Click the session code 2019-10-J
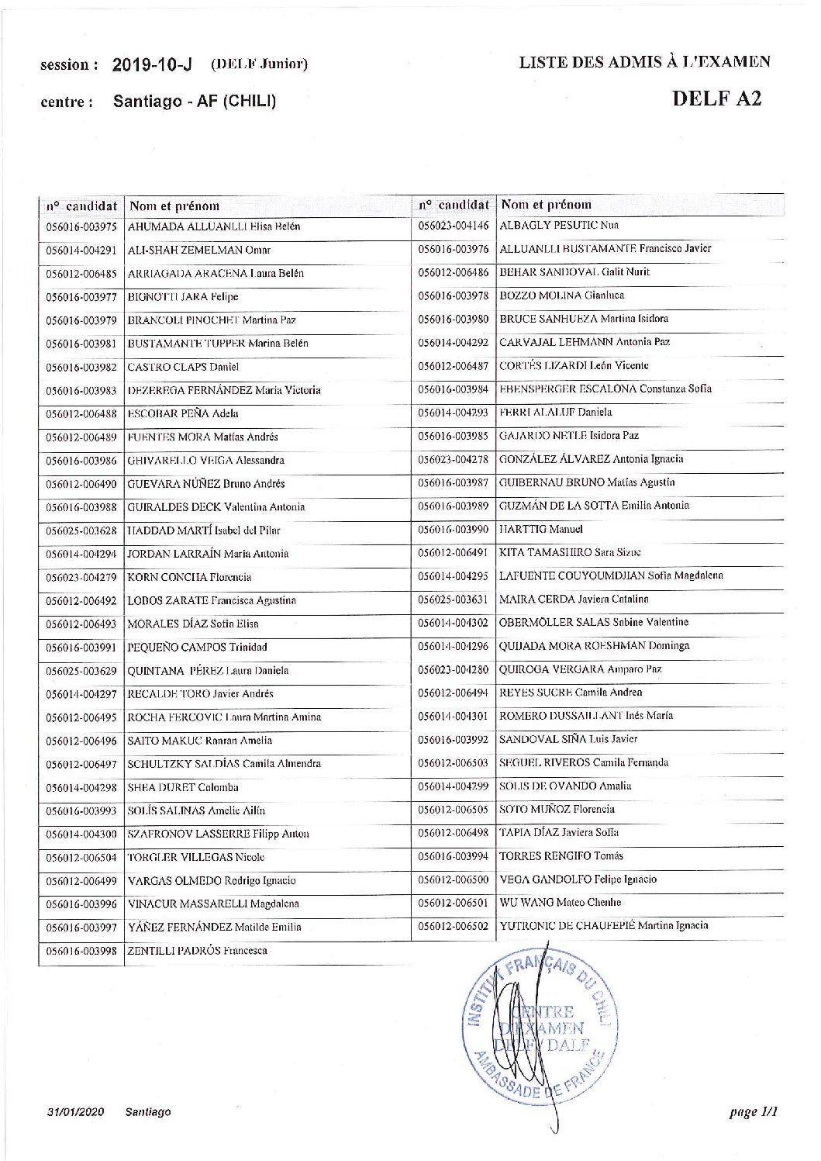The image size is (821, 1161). pos(152,64)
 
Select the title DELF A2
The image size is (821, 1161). pos(716,98)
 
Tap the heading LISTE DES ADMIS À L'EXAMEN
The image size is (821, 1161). pos(644,63)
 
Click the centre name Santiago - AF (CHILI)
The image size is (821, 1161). pos(195,101)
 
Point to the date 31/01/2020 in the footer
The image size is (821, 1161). pos(75,1111)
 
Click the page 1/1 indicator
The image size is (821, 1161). pos(753,1111)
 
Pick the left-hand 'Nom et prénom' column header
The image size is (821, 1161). pos(174,206)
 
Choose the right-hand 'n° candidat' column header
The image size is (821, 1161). pos(454,205)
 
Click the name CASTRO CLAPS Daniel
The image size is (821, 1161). pos(183,367)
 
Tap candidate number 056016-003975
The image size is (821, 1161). pos(81,227)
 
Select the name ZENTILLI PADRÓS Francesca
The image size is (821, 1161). pos(198,950)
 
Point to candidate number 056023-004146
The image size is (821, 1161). pos(454,226)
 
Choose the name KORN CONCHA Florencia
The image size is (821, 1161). pos(189,577)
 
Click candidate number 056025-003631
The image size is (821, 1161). pos(454,599)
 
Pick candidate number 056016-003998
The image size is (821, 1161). pos(81,951)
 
